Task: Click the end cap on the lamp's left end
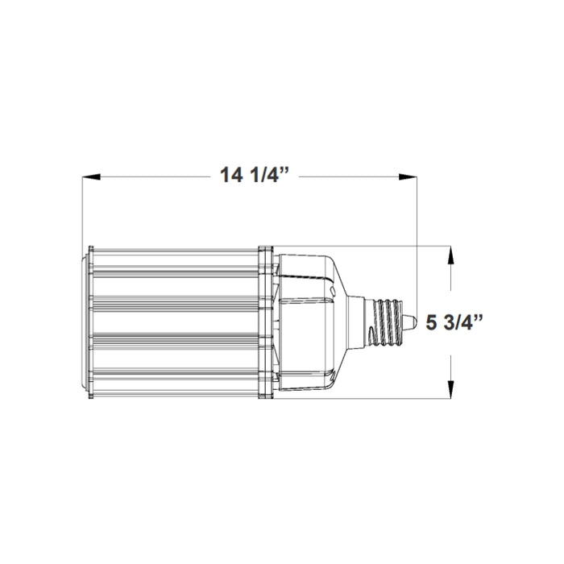85,322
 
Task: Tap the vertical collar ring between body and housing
264,322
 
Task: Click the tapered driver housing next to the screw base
310,322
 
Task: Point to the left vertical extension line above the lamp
83,209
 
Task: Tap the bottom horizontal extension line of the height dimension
387,399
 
